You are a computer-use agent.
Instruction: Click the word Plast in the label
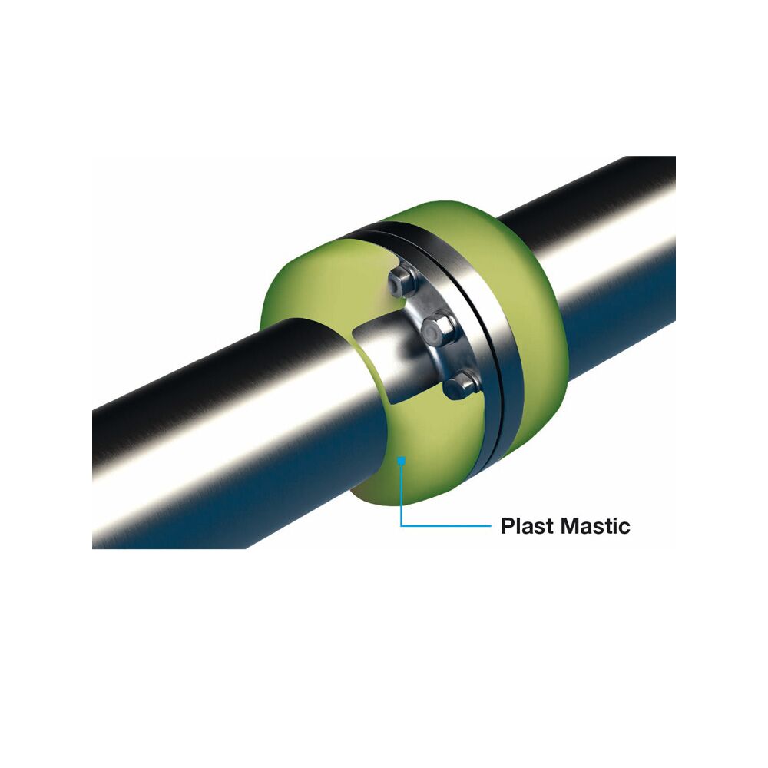click(x=528, y=526)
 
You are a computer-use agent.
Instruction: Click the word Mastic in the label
click(x=596, y=526)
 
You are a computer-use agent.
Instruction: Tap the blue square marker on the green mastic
click(x=401, y=460)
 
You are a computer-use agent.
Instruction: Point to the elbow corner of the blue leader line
click(x=401, y=526)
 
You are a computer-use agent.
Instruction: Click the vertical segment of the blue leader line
click(x=401, y=495)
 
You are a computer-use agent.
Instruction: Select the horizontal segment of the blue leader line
click(x=445, y=526)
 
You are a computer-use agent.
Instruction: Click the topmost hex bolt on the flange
click(x=402, y=283)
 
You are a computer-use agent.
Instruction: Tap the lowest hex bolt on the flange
click(x=460, y=384)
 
